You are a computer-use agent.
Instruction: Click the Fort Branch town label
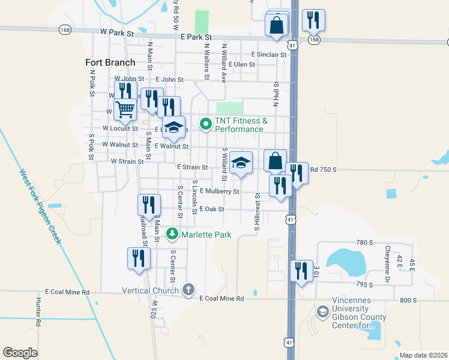[110, 62]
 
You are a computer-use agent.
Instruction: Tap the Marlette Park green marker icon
[173, 233]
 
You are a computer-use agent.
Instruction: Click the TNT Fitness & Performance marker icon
[205, 124]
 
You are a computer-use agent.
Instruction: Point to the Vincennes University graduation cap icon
[323, 312]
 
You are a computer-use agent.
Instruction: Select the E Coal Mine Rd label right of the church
[222, 298]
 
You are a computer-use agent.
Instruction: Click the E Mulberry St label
[220, 191]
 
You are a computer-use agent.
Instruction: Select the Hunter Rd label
[38, 312]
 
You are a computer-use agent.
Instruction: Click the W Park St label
[116, 33]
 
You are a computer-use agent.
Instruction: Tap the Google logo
[20, 352]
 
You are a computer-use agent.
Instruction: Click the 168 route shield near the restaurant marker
[313, 39]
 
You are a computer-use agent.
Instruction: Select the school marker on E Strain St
[241, 163]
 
